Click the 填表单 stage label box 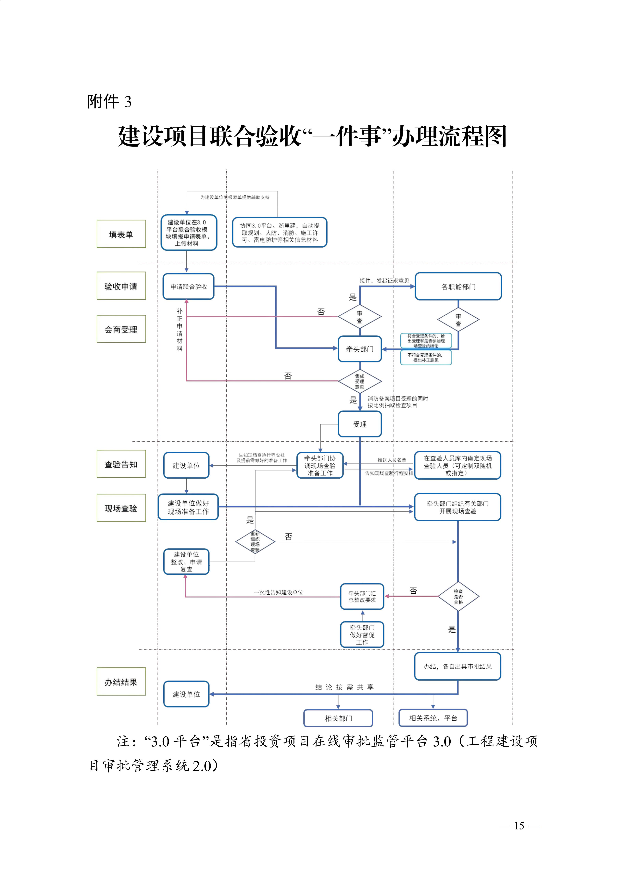click(121, 234)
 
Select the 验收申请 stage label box click(121, 286)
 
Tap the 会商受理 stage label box click(121, 329)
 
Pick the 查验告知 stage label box click(121, 464)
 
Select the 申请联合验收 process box click(189, 286)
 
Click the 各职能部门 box click(458, 286)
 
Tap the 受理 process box click(360, 424)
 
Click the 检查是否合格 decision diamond click(458, 596)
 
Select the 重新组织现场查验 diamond click(255, 542)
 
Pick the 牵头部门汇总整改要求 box click(362, 596)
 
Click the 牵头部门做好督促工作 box click(362, 635)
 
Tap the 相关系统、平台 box click(433, 718)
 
